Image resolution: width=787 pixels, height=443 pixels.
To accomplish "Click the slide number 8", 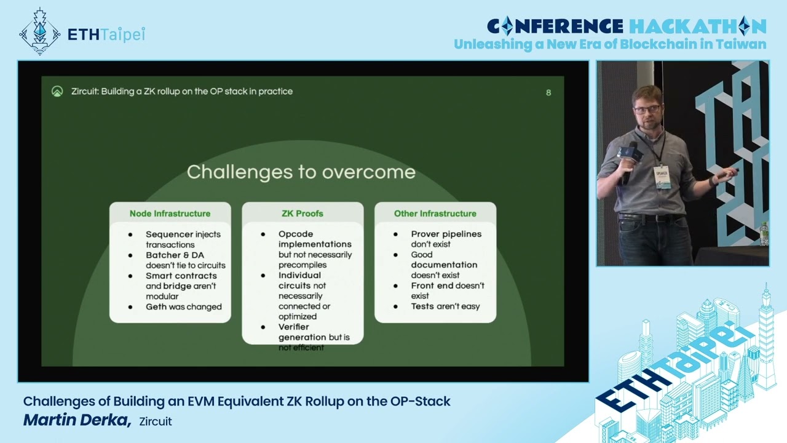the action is (x=548, y=92).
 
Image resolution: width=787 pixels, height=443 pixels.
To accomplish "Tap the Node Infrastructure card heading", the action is (x=170, y=214).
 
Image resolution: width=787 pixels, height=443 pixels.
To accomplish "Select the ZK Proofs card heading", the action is (x=303, y=214).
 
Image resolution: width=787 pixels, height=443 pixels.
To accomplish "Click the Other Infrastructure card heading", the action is (x=435, y=214).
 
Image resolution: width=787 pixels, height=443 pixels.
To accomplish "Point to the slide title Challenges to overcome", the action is (x=301, y=172).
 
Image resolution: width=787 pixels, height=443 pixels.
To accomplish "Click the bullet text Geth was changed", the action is (x=184, y=306).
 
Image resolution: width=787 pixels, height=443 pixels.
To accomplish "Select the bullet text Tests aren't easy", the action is (x=445, y=306).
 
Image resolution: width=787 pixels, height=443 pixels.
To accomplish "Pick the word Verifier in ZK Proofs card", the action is (x=294, y=327).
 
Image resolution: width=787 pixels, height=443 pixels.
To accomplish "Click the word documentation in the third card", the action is (x=444, y=265).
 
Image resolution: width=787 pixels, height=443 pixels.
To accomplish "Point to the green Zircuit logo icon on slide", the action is (x=57, y=92).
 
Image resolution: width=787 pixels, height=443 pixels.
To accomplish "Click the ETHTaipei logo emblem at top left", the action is (x=40, y=31).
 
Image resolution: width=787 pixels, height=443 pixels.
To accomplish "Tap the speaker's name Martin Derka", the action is (x=77, y=420).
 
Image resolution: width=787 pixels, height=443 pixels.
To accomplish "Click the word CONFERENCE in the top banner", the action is (x=555, y=26).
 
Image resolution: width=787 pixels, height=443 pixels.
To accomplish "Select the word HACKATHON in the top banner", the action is (x=697, y=26).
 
